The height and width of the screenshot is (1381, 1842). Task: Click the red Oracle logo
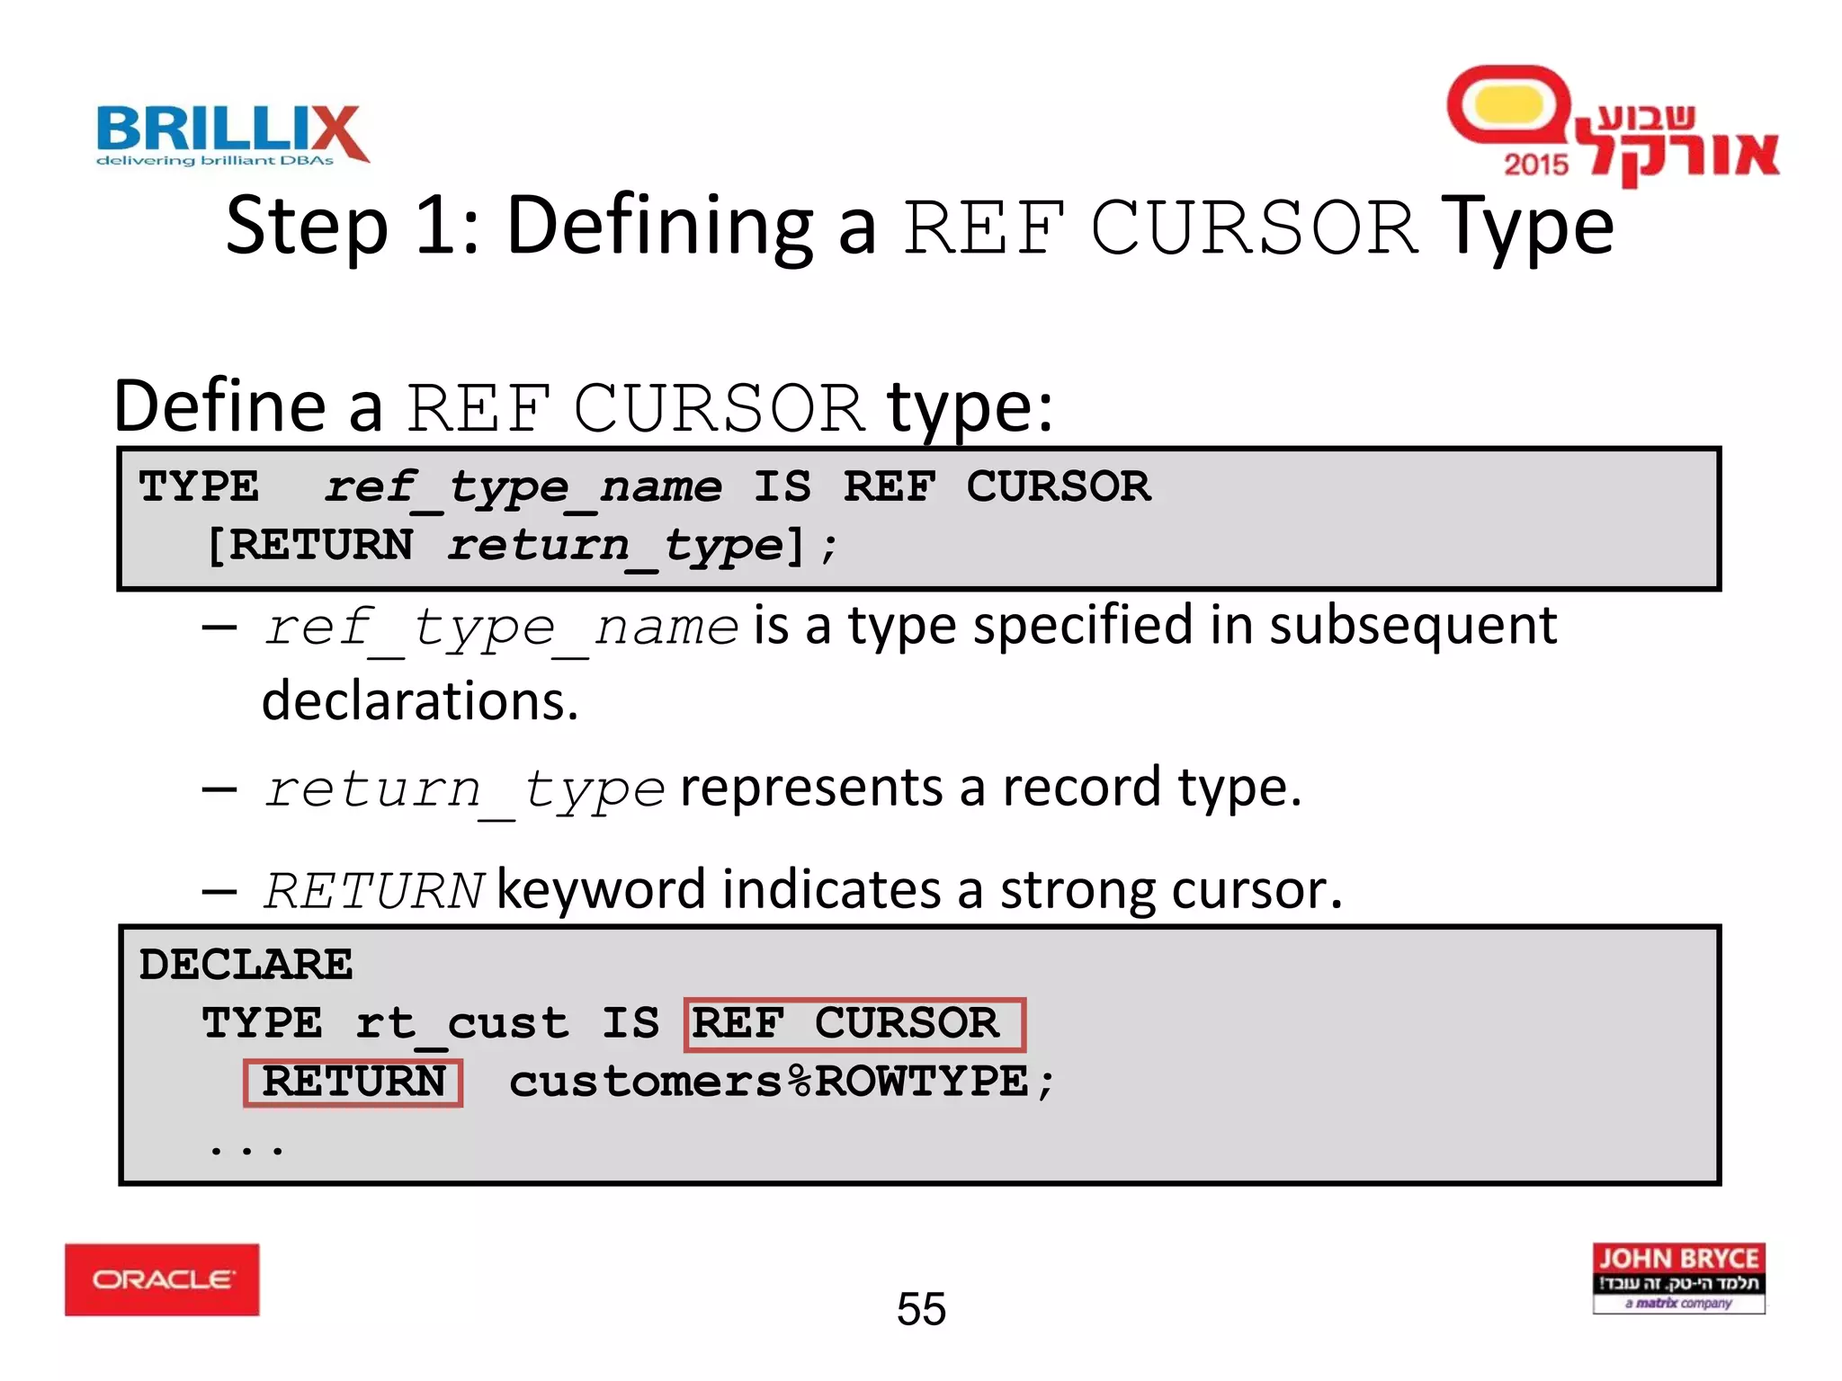click(x=162, y=1279)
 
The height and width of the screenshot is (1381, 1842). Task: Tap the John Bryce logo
click(x=1678, y=1279)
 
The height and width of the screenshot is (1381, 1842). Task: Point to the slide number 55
click(x=921, y=1309)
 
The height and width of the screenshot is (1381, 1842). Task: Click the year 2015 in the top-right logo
click(x=1535, y=165)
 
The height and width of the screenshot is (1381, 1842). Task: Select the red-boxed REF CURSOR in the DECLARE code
click(x=854, y=1024)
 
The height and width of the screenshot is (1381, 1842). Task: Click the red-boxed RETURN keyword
click(x=353, y=1082)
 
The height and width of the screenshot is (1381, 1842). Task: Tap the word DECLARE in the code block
click(x=246, y=965)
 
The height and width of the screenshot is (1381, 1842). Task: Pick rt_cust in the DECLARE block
click(x=461, y=1024)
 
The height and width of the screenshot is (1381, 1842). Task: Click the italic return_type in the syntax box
click(x=616, y=546)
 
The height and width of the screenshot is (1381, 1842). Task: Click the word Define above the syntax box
click(x=219, y=406)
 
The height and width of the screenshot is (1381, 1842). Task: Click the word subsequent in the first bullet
click(x=1413, y=626)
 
